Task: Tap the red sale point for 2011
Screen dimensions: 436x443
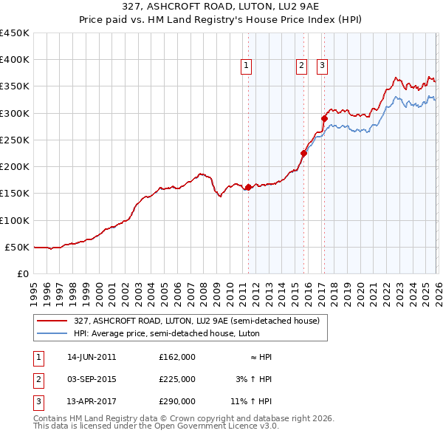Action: click(248, 187)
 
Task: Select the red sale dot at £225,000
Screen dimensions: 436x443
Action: click(303, 154)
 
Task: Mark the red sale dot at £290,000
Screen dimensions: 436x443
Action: click(324, 118)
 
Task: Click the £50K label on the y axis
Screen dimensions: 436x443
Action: click(17, 247)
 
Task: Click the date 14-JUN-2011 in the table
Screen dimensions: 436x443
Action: click(92, 357)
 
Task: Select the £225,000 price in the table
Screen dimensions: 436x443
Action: click(176, 379)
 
